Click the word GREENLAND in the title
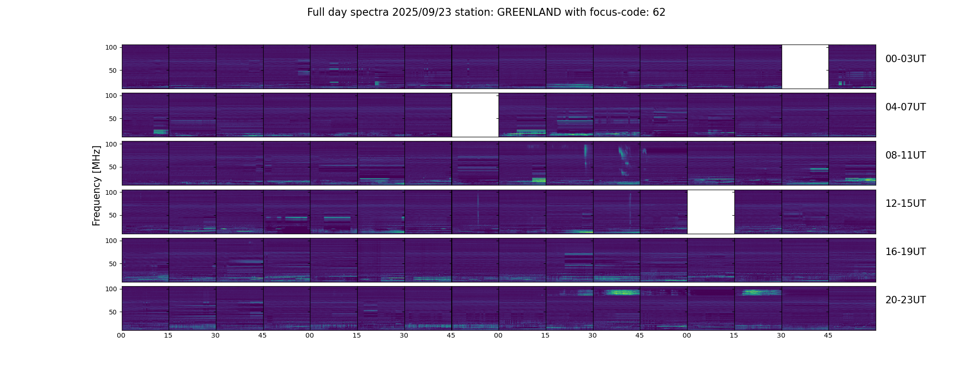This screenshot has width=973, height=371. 529,13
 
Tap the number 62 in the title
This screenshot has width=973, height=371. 659,13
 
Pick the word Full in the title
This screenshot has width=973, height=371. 316,13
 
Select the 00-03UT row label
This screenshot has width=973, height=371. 905,59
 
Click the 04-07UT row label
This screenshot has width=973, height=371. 905,107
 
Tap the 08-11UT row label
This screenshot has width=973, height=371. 905,155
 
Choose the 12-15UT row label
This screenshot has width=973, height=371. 905,204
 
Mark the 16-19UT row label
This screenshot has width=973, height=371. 905,252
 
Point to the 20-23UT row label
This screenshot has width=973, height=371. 905,300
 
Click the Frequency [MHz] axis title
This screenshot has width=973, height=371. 96,185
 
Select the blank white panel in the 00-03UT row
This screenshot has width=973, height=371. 805,67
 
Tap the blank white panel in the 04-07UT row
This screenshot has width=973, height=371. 475,115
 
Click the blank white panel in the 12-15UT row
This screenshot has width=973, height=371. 711,212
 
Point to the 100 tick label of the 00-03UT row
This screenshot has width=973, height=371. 111,47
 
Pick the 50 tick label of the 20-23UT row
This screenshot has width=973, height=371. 113,312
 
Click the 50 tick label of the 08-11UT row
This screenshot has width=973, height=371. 113,167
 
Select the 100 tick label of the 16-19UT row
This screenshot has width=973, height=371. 111,241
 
